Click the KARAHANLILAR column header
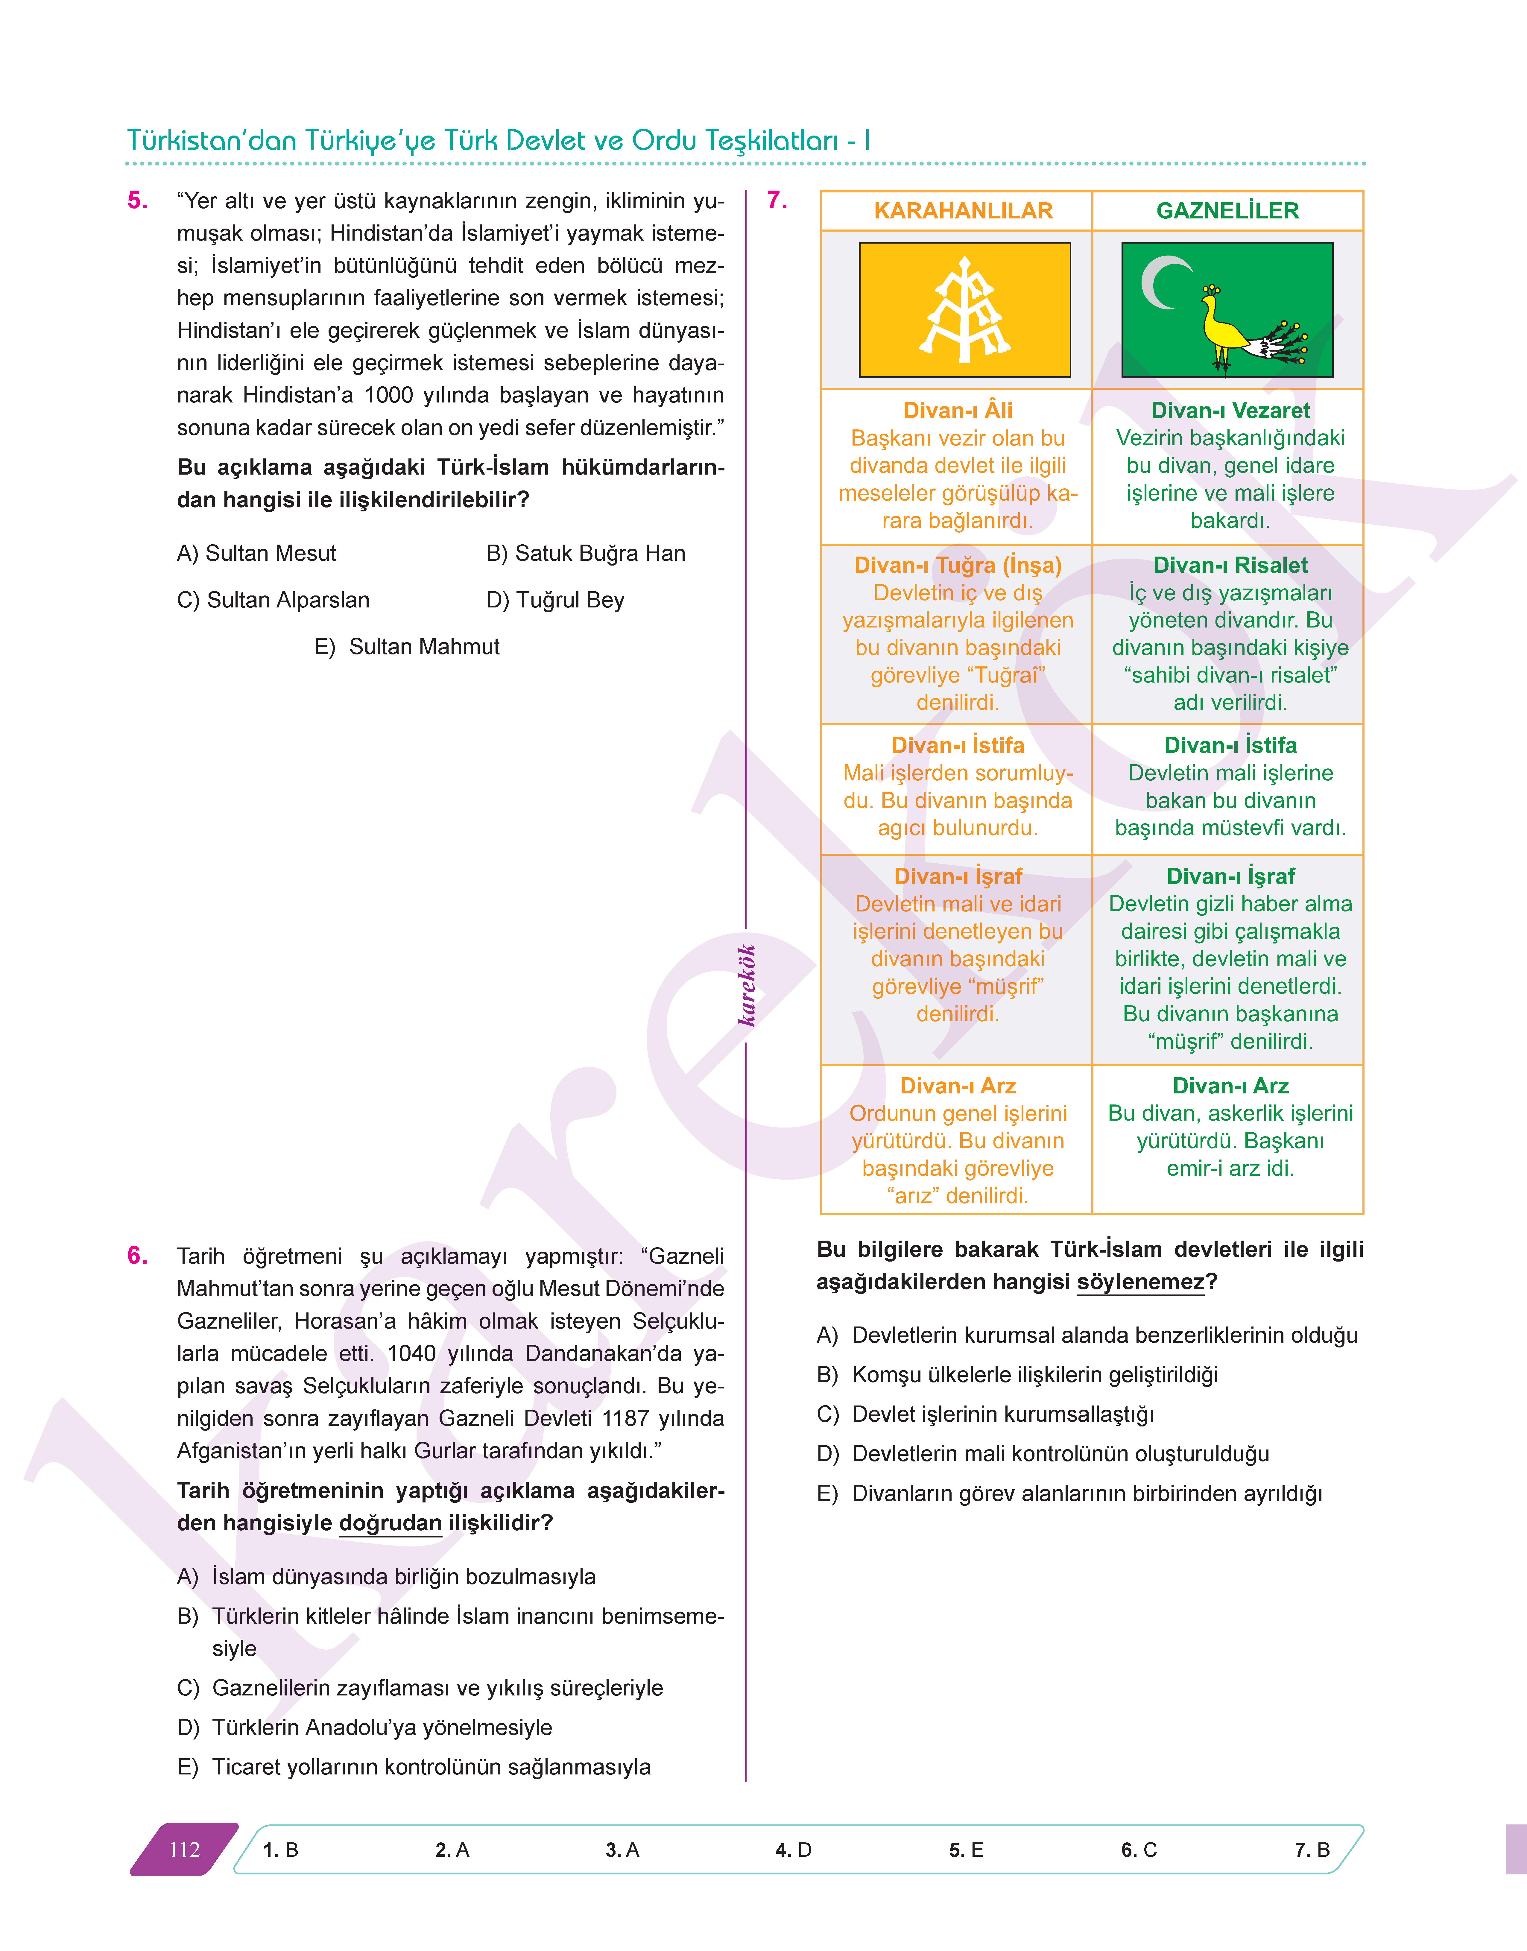(963, 211)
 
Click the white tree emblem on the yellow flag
(965, 310)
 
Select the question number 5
(138, 200)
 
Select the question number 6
(138, 1255)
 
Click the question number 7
(777, 200)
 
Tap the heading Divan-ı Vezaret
(1230, 411)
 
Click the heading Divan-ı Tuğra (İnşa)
(958, 565)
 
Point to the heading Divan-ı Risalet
(1230, 565)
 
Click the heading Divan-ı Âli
(958, 411)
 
